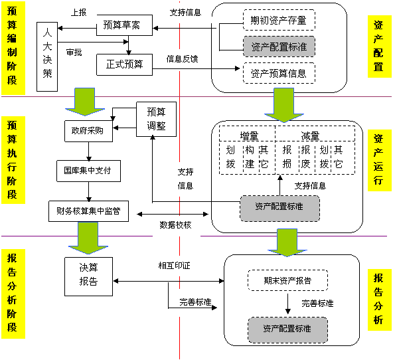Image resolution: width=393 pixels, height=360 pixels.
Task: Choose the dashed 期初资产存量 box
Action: click(x=278, y=21)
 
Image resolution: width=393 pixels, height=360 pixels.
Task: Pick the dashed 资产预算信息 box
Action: click(x=278, y=72)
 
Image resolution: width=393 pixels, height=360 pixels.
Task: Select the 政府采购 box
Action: click(x=88, y=130)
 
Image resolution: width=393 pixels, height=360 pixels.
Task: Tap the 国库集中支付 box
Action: click(x=88, y=170)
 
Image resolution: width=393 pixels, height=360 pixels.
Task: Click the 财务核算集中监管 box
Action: click(x=88, y=211)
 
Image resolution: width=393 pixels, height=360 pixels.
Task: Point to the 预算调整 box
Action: click(x=157, y=118)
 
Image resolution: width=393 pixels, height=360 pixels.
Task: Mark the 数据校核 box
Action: click(x=176, y=225)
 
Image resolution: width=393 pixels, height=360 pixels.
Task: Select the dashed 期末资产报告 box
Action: click(x=288, y=280)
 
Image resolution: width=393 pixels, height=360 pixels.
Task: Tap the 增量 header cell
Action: click(x=249, y=136)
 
